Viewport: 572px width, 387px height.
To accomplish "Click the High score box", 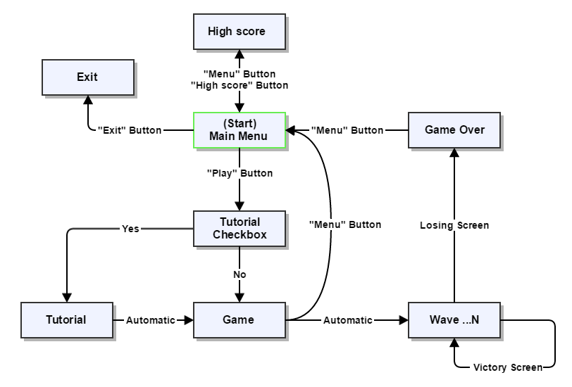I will [240, 31].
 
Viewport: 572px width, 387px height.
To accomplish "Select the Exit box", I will [87, 77].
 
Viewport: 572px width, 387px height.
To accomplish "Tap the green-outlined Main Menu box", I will [240, 130].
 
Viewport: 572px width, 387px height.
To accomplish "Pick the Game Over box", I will [454, 130].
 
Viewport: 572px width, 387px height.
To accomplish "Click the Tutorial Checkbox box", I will [240, 229].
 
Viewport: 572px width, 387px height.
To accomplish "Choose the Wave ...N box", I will [454, 319].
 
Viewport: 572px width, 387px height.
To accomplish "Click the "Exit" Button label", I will [130, 130].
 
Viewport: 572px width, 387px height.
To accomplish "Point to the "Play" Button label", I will [240, 173].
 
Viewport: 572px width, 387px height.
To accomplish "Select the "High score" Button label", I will [240, 85].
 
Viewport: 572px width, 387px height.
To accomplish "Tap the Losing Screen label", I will [454, 225].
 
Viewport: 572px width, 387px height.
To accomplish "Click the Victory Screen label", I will [508, 367].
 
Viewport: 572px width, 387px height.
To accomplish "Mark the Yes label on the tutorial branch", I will [130, 229].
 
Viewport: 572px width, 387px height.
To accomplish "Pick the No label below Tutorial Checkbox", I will [240, 274].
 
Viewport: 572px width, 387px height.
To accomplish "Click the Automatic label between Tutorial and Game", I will [151, 320].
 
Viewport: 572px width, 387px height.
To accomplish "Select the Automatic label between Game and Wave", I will [348, 320].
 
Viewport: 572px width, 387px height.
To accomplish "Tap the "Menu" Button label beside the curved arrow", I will [345, 225].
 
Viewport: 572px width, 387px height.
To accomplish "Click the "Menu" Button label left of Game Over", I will [348, 130].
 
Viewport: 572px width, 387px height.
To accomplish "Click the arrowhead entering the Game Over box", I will [454, 153].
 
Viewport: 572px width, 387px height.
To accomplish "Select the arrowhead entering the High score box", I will [240, 54].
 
